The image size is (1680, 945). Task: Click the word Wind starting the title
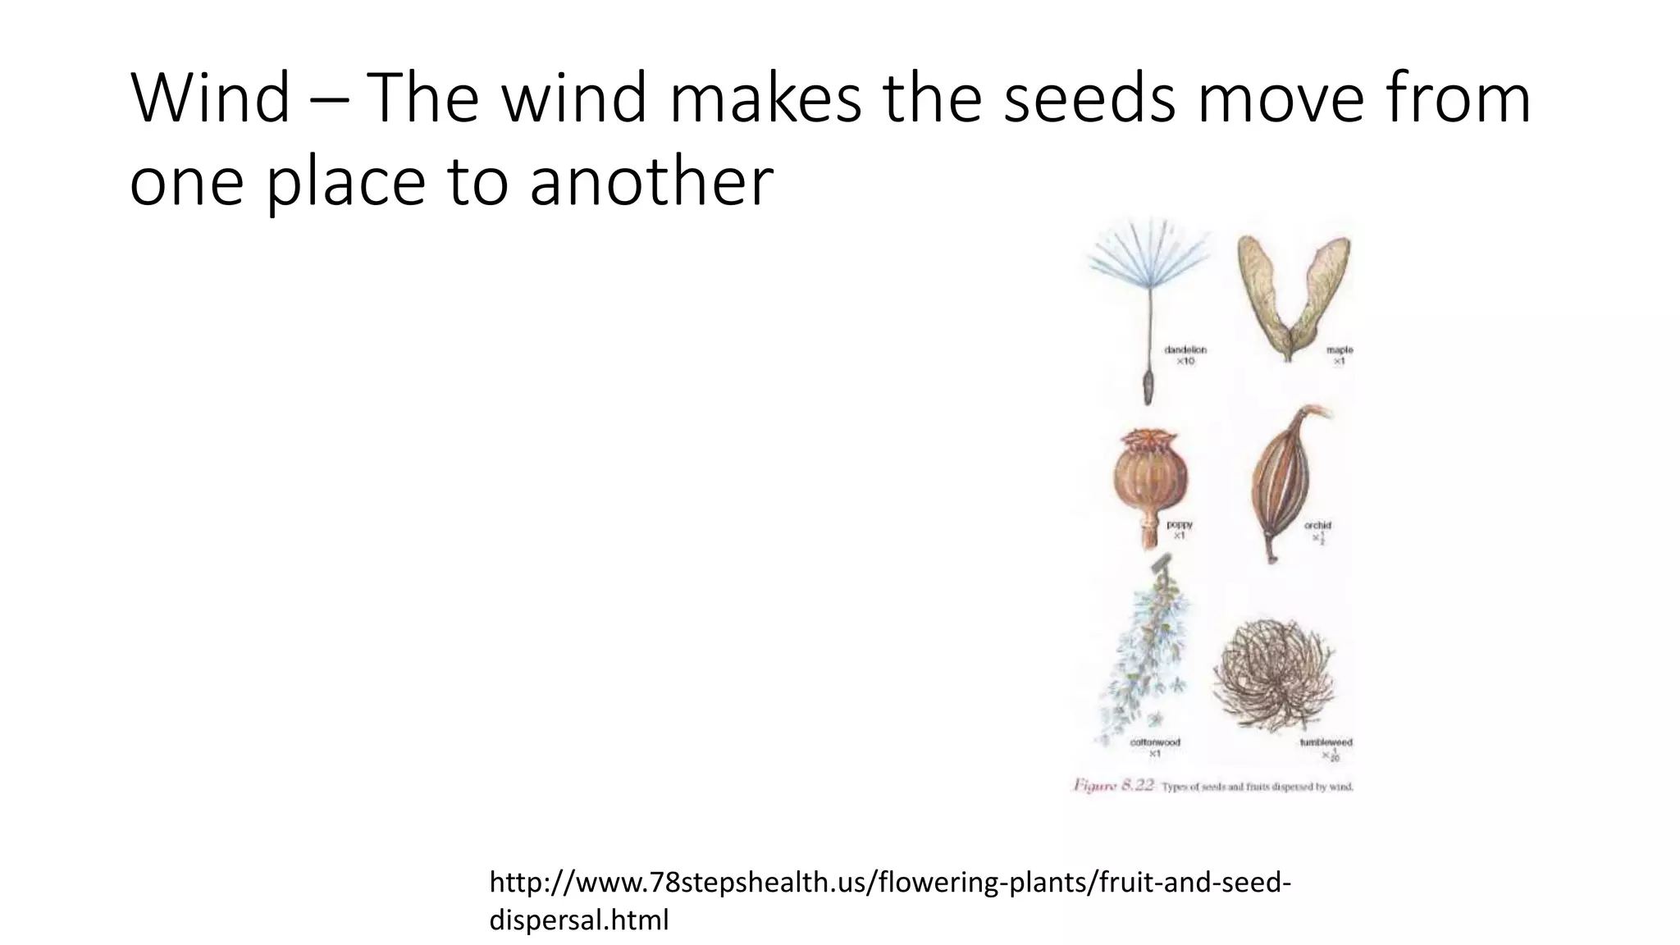pyautogui.click(x=210, y=99)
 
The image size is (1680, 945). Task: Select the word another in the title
pyautogui.click(x=651, y=181)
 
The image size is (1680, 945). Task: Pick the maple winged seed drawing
pyautogui.click(x=1294, y=295)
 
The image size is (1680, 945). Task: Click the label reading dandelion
pyautogui.click(x=1185, y=349)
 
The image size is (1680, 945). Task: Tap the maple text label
pyautogui.click(x=1340, y=350)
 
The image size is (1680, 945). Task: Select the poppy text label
pyautogui.click(x=1180, y=524)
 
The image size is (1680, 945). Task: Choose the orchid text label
pyautogui.click(x=1318, y=525)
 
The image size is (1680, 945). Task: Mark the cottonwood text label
pyautogui.click(x=1155, y=742)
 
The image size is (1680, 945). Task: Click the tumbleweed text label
pyautogui.click(x=1326, y=742)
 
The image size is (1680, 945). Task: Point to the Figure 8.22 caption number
pyautogui.click(x=1114, y=786)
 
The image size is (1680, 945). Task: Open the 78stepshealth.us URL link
pyautogui.click(x=889, y=883)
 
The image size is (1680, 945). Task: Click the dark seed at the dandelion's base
pyautogui.click(x=1148, y=386)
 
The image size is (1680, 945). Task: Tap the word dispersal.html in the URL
pyautogui.click(x=579, y=920)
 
